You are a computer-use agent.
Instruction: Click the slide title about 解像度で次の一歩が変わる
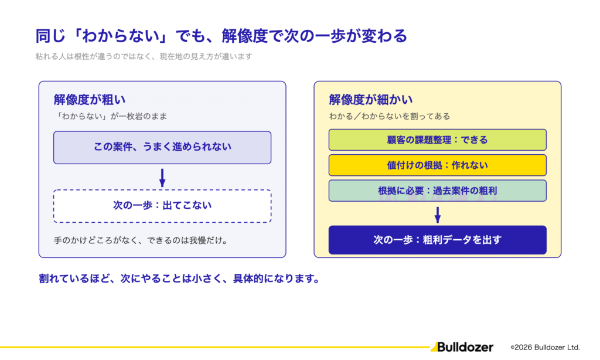point(221,36)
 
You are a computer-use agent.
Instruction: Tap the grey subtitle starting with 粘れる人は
point(144,56)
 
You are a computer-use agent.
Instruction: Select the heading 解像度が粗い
point(90,100)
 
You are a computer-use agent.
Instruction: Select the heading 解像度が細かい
point(371,100)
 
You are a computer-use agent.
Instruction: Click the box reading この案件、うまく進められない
point(162,147)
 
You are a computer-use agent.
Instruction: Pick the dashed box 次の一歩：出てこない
point(162,206)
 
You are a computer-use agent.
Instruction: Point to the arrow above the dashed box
point(162,178)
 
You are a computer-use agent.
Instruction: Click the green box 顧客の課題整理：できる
point(437,140)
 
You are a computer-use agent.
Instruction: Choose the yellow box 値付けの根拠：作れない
point(437,165)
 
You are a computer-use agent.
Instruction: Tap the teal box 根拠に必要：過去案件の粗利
point(437,191)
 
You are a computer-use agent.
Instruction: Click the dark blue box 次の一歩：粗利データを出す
point(437,240)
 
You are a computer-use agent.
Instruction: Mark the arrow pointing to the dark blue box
point(438,215)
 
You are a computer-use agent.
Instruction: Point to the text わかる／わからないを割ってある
point(390,116)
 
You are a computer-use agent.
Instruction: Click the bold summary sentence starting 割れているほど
point(180,279)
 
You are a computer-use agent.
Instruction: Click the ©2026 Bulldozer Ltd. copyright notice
point(546,347)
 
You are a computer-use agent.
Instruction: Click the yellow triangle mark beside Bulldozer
point(434,347)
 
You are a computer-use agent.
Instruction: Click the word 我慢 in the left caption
point(198,240)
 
